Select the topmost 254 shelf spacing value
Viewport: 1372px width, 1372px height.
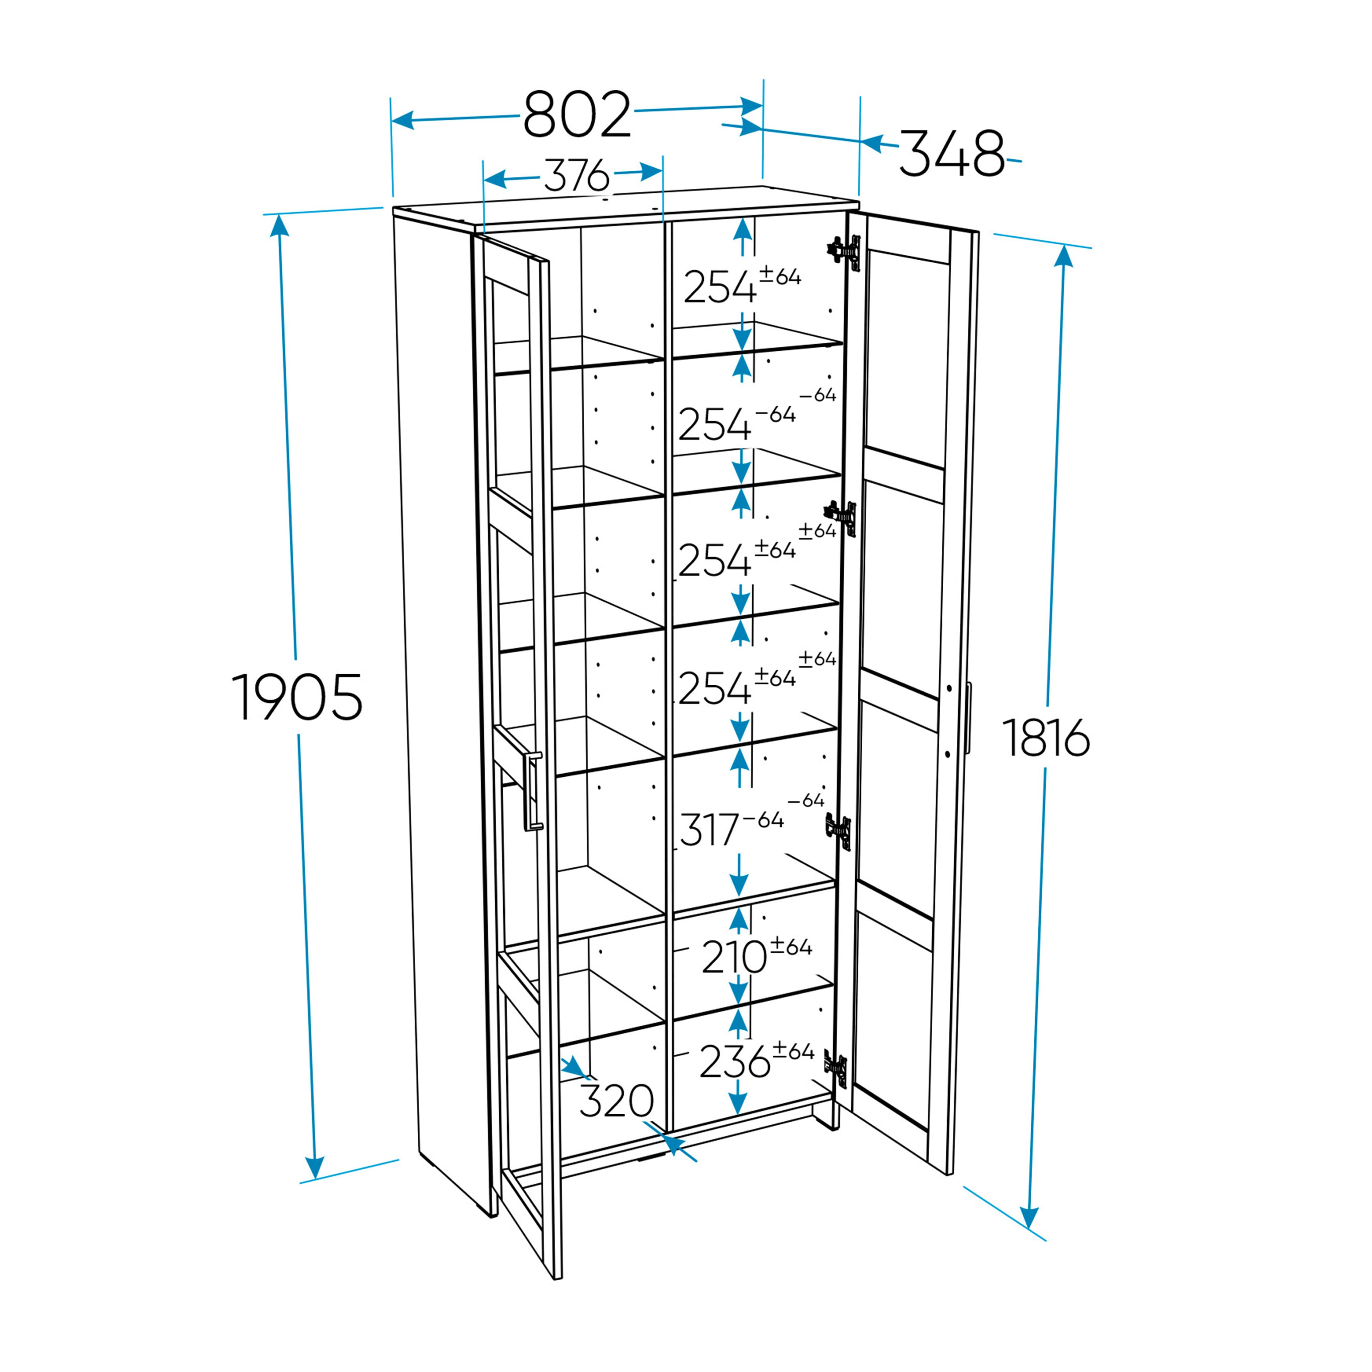(x=719, y=287)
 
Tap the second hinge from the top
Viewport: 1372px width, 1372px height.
(x=841, y=518)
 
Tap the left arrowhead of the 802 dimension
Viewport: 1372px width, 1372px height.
(x=403, y=120)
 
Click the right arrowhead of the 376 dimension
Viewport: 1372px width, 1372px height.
(x=651, y=171)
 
